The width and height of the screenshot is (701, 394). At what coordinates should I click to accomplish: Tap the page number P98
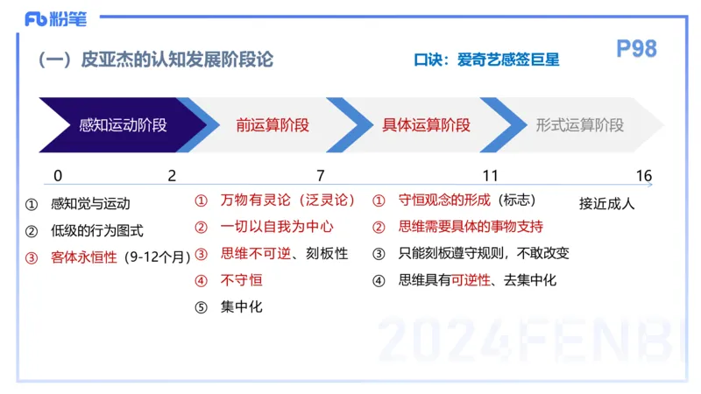(636, 50)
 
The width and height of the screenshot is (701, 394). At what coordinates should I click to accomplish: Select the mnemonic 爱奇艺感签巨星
(508, 60)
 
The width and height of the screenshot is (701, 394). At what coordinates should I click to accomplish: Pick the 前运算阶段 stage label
(273, 125)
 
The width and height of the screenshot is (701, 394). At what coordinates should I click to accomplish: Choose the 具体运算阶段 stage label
(427, 125)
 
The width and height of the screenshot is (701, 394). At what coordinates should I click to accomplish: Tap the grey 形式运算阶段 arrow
(580, 125)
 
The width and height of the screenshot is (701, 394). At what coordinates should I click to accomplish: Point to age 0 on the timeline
(58, 176)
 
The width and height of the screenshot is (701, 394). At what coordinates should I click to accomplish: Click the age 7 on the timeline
(321, 176)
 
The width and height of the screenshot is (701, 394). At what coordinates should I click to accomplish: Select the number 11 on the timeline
(491, 176)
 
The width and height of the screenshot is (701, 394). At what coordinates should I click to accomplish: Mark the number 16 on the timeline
(644, 176)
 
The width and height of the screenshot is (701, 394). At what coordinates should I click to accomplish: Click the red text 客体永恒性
(84, 257)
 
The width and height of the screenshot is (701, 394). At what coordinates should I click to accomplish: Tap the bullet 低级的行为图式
(97, 231)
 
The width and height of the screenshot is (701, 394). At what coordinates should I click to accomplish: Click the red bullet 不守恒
(241, 280)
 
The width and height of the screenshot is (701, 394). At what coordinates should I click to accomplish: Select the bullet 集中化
(241, 306)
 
